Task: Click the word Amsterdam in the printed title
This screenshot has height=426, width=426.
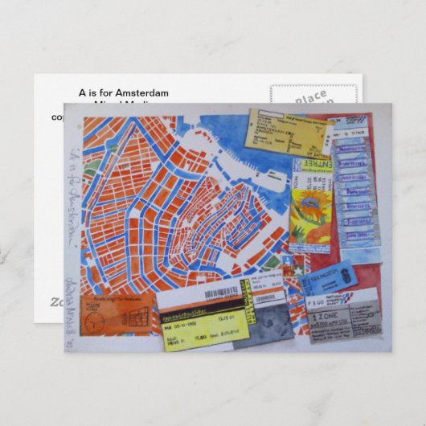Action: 142,93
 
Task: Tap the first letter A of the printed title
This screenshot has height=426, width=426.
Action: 82,93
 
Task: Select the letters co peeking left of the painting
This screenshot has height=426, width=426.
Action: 56,117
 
